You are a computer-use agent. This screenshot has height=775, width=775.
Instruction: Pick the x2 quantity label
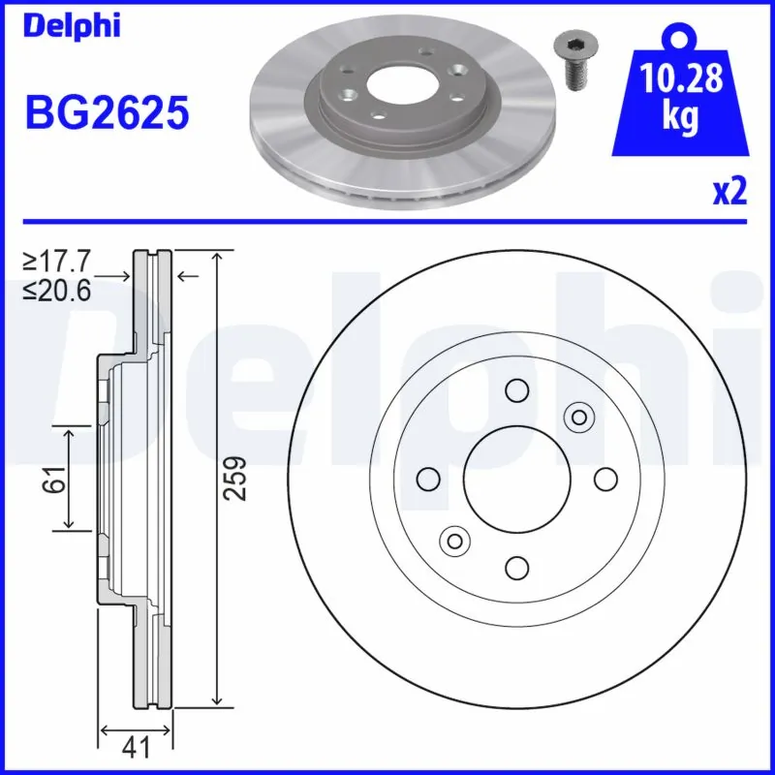(729, 191)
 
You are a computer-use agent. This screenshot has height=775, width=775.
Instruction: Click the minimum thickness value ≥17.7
(57, 261)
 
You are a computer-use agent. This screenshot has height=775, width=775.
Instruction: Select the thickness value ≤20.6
(57, 290)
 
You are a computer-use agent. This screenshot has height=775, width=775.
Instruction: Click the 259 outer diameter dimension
(234, 478)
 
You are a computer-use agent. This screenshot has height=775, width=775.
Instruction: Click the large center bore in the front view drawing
(515, 479)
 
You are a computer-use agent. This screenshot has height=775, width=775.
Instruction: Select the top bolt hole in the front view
(515, 390)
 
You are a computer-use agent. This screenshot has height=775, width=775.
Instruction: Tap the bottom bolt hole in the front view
(515, 567)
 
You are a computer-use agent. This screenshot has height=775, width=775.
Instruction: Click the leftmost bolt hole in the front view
(427, 479)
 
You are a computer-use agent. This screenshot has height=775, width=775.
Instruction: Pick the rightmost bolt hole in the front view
(604, 479)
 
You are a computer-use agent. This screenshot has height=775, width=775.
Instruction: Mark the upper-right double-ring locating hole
(578, 417)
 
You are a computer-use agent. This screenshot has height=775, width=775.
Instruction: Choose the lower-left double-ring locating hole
(453, 541)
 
